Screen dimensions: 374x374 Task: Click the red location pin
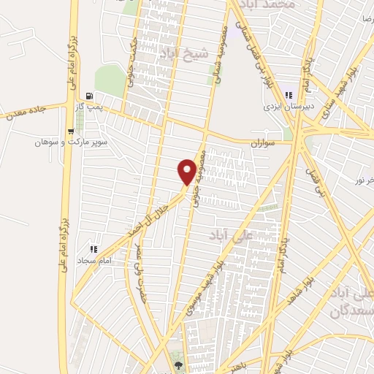pos(188,171)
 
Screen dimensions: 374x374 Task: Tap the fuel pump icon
pos(89,95)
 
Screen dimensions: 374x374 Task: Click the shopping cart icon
pos(70,132)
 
